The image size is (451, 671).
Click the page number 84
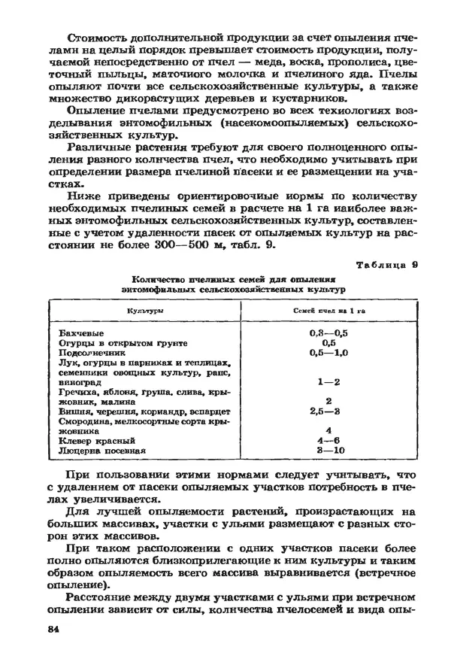tap(53, 628)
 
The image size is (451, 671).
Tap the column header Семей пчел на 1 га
tap(328, 310)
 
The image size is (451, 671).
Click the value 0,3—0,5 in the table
tap(328, 332)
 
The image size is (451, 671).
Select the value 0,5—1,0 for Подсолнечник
tap(328, 352)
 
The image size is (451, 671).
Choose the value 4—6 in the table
tap(328, 441)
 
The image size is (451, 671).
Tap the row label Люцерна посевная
tap(101, 451)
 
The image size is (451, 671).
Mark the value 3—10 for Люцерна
tap(328, 451)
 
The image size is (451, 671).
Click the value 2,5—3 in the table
tap(328, 411)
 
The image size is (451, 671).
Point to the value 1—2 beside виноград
tap(328, 382)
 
